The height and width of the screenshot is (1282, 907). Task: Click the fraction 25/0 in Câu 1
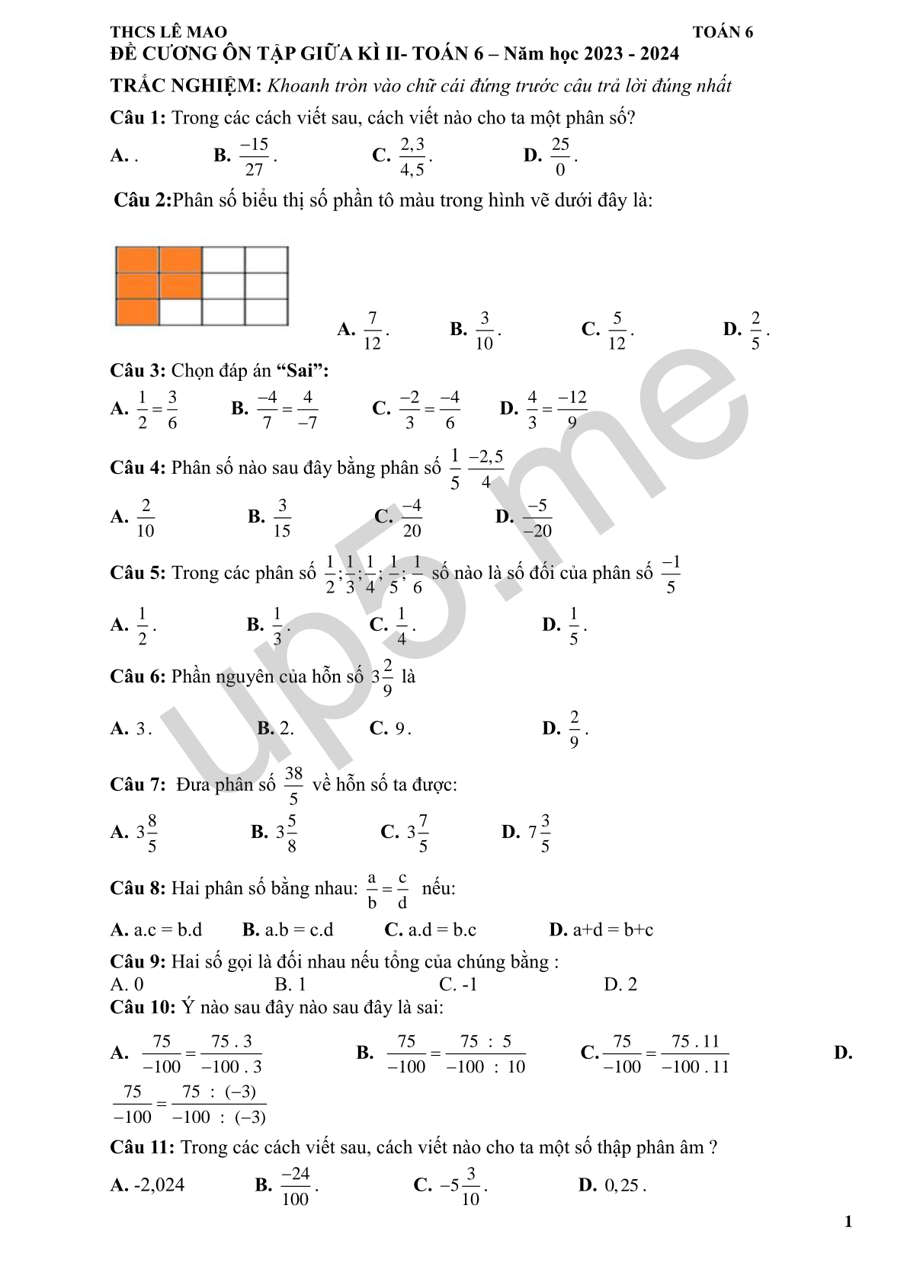tap(560, 156)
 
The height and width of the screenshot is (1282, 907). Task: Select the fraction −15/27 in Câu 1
tap(254, 156)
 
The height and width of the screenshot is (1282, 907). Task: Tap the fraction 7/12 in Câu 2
tap(372, 330)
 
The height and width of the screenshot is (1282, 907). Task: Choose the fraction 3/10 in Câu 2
tap(484, 330)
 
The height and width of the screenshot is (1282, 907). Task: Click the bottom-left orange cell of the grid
tap(136, 312)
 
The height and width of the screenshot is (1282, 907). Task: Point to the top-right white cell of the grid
tap(266, 259)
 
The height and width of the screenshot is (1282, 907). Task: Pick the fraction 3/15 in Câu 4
tap(282, 518)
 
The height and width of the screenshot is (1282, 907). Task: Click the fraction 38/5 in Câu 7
tap(293, 785)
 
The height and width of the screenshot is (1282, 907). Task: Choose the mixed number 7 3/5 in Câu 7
tap(540, 833)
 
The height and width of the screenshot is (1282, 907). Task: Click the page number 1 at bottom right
tap(848, 1223)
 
